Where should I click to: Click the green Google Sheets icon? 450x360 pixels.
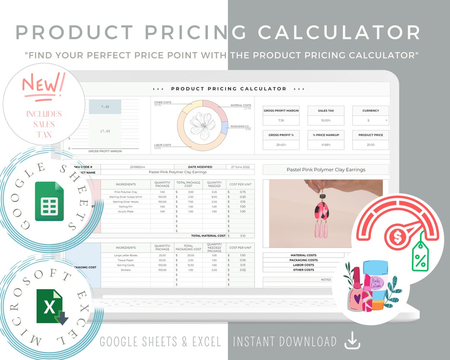[49, 201]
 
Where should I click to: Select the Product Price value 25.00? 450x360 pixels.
[370, 145]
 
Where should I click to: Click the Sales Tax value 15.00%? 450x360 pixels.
[326, 120]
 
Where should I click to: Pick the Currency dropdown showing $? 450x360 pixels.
[370, 120]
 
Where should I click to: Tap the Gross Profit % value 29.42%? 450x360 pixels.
[281, 145]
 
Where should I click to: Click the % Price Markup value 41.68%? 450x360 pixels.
[326, 145]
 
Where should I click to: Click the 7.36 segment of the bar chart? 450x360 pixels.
[105, 107]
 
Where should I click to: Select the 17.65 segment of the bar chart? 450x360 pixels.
[105, 131]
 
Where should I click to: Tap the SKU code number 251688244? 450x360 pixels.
[137, 167]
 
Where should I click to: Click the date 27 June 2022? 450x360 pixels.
[240, 167]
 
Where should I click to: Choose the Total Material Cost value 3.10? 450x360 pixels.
[242, 235]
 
